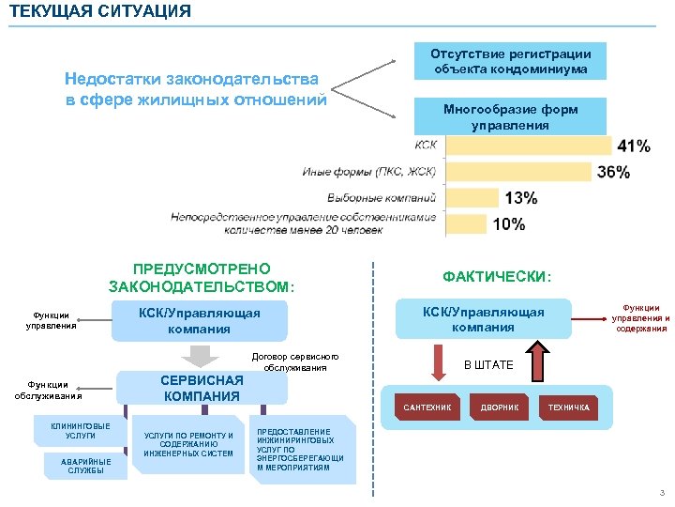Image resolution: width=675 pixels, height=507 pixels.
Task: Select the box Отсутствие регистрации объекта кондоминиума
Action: click(511, 62)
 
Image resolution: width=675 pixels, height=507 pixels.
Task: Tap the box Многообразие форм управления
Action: click(511, 117)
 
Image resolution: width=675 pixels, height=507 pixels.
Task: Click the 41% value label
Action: click(634, 146)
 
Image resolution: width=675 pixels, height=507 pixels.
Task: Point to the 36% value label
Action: click(613, 172)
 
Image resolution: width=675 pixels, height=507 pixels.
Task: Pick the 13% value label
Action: click(521, 198)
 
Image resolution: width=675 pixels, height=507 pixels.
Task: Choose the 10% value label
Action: click(509, 224)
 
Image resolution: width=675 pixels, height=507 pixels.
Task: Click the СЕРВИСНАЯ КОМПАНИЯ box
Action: click(202, 388)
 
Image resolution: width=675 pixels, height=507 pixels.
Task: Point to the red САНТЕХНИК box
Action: click(427, 407)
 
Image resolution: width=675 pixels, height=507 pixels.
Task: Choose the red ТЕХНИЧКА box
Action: click(569, 407)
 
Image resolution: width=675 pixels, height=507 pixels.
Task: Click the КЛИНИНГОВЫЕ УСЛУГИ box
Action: click(81, 431)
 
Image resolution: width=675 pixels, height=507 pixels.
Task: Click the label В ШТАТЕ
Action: click(489, 364)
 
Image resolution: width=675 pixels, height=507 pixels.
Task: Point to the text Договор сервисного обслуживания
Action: click(295, 361)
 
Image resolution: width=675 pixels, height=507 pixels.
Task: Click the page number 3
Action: click(661, 494)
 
